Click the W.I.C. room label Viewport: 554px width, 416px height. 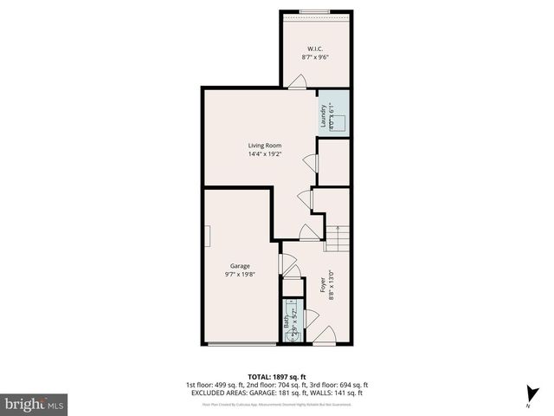[x=315, y=48]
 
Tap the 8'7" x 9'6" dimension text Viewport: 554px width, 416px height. [x=315, y=57]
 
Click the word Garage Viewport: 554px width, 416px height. [x=240, y=265]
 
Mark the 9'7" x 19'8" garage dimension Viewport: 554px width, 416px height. [x=240, y=276]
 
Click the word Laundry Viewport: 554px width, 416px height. [x=324, y=116]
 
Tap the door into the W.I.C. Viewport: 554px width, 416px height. [x=297, y=82]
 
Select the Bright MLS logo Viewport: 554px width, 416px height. [x=35, y=404]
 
